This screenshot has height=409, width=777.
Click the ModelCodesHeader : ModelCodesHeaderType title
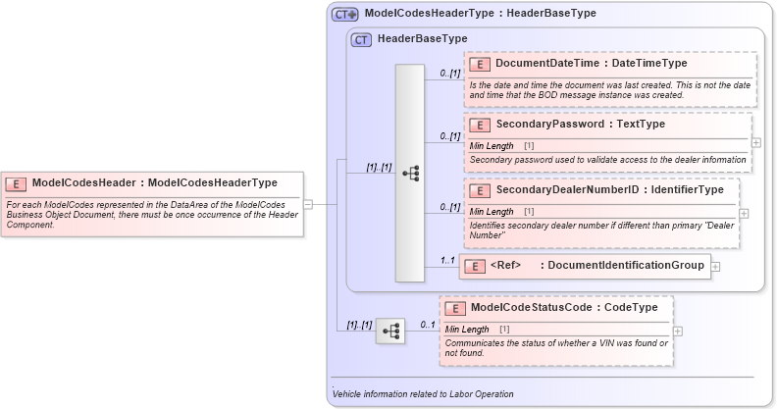click(x=155, y=182)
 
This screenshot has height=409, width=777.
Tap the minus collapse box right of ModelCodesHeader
click(x=308, y=204)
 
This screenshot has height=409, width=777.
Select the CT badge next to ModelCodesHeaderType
click(x=344, y=14)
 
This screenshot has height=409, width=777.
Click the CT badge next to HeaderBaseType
click(x=361, y=39)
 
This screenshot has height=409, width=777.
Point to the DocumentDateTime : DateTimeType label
click(x=592, y=64)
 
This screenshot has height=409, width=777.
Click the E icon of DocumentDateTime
click(x=480, y=64)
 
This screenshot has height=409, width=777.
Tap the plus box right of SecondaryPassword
click(x=755, y=142)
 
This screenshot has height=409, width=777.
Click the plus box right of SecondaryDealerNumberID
click(x=744, y=213)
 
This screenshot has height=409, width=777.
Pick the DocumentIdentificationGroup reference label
click(x=596, y=266)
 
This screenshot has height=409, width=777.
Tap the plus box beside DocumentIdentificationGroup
click(x=716, y=266)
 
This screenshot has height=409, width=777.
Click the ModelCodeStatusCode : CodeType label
click(x=563, y=307)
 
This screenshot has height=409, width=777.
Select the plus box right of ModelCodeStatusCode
click(x=678, y=331)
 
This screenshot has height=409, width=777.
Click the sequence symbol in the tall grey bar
click(x=410, y=174)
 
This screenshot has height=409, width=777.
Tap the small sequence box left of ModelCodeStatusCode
click(x=390, y=331)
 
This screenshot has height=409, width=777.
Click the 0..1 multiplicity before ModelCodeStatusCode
click(x=428, y=325)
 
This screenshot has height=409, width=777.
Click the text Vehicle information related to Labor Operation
click(x=423, y=394)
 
